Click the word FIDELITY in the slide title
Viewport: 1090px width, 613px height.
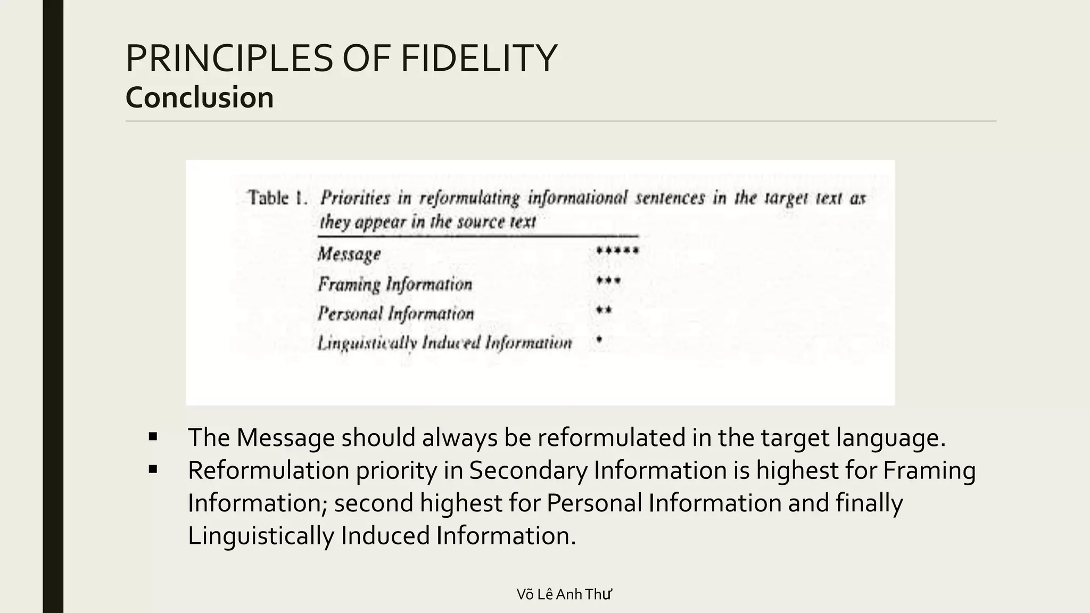click(478, 59)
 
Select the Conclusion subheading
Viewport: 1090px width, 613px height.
click(200, 97)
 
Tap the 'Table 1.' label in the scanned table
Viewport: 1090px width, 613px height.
click(277, 198)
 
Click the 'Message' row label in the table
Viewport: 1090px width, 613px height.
click(349, 254)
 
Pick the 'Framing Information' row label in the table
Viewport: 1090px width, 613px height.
click(395, 284)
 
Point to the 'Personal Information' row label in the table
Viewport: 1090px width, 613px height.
click(395, 313)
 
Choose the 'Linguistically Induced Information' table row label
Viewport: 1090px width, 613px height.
click(444, 343)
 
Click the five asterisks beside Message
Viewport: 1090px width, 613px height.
click(617, 250)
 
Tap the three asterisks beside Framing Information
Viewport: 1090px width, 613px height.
click(608, 280)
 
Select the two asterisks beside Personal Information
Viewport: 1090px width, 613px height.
click(604, 310)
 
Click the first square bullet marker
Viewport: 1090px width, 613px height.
click(153, 437)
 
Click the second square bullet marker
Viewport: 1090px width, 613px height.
click(153, 470)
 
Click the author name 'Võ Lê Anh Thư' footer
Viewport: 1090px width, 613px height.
click(564, 594)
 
